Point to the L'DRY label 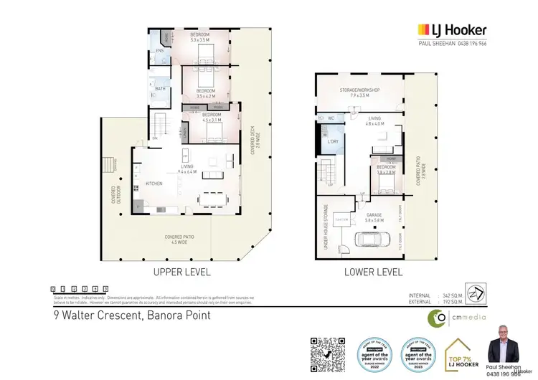click(x=332, y=141)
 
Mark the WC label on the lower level click(x=332, y=118)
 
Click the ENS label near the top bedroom click(x=159, y=52)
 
